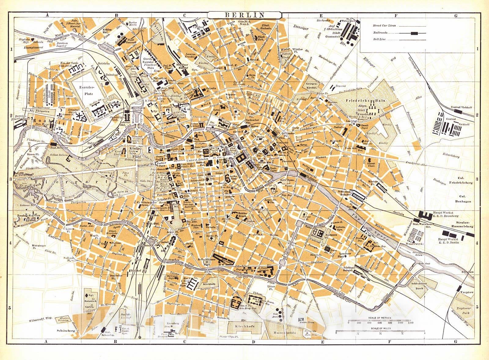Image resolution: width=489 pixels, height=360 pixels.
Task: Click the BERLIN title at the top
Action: [244, 14]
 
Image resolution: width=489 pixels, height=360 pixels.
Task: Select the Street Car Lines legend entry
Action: [384, 26]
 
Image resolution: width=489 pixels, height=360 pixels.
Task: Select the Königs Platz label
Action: [135, 150]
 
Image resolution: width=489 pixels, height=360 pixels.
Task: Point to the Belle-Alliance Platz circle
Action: [207, 262]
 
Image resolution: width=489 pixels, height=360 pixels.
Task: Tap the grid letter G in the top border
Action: [455, 15]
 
